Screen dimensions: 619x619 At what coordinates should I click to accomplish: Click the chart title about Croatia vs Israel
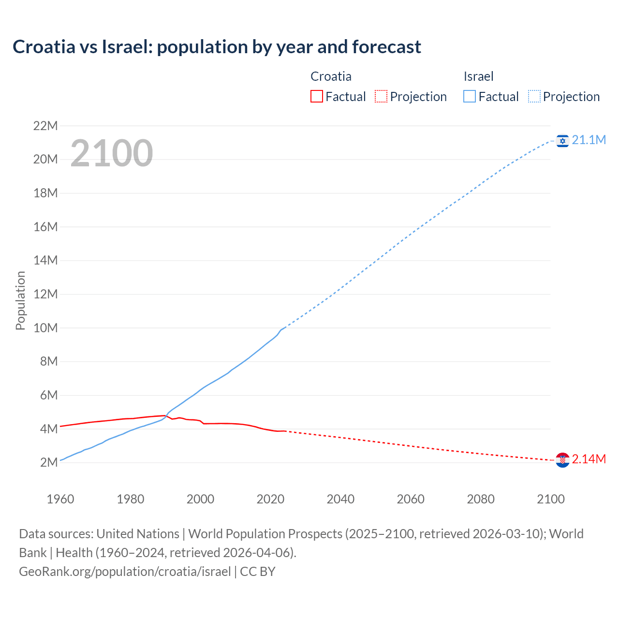217,47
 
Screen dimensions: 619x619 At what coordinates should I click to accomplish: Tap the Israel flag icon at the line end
562,141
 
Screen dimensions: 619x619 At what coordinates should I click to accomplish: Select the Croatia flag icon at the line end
562,460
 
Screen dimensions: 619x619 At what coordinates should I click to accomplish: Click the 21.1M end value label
589,140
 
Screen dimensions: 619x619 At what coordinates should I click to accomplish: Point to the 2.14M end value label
589,459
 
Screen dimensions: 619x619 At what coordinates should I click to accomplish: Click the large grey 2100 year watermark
112,153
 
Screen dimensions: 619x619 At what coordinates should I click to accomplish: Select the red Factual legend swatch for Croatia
316,97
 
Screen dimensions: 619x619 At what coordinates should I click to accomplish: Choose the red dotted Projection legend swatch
381,97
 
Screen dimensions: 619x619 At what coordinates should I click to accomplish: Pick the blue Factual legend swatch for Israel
469,97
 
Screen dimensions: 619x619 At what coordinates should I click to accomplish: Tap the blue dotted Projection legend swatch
534,97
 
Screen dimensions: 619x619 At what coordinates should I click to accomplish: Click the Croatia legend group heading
331,76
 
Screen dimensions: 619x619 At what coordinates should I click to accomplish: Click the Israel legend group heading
478,76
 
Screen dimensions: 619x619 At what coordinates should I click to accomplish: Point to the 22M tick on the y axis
45,126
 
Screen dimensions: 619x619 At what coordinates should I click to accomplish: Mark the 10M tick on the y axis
45,328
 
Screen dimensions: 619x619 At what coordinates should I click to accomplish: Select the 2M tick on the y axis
49,463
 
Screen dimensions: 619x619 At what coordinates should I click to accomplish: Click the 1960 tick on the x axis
60,499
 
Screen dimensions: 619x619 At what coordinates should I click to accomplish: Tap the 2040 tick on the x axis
340,499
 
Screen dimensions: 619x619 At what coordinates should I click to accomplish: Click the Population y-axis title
20,300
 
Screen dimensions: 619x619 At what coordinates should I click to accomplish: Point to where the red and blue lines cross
166,416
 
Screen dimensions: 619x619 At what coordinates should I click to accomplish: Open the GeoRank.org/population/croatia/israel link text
125,572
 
